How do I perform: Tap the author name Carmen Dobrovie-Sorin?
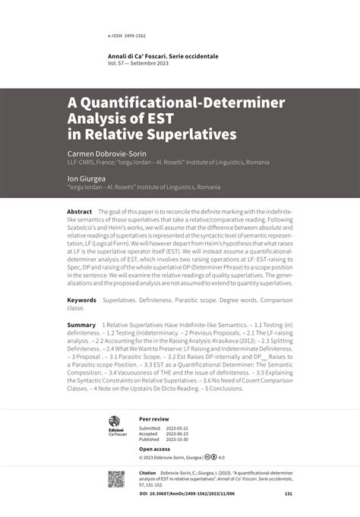tap(107, 153)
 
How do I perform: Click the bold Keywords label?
tap(81, 301)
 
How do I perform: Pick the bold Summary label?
tap(81, 324)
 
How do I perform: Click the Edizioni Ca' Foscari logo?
tap(114, 426)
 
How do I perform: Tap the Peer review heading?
tap(154, 418)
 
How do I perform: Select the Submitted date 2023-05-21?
tap(182, 428)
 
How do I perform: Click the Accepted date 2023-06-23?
tap(182, 433)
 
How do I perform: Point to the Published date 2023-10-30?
tap(182, 439)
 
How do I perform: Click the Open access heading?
tap(155, 449)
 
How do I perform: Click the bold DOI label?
tap(144, 493)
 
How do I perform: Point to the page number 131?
tap(288, 493)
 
